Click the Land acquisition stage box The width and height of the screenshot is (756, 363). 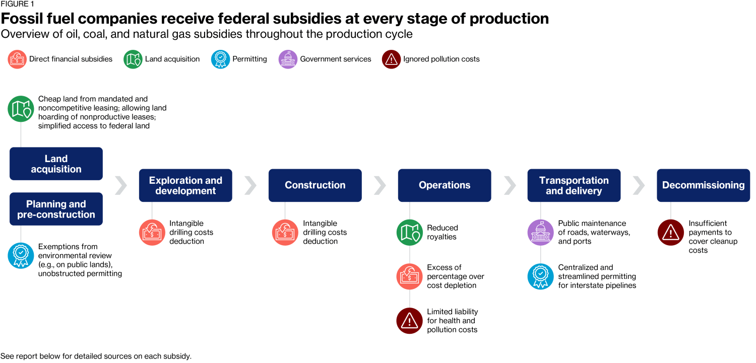click(x=56, y=164)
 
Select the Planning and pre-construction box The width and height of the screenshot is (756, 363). click(x=56, y=209)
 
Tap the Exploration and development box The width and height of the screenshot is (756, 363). click(x=185, y=185)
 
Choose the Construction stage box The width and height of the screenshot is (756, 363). click(x=315, y=185)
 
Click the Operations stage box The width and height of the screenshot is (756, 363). click(x=445, y=185)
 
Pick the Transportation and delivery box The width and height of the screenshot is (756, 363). click(x=574, y=185)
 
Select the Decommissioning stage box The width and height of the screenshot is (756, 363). click(x=704, y=185)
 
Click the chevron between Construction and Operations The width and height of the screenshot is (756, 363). click(x=381, y=185)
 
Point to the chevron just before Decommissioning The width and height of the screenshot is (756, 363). click(x=639, y=185)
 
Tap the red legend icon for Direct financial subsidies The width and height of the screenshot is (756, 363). click(x=17, y=59)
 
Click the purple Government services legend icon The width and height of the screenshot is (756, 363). click(x=288, y=59)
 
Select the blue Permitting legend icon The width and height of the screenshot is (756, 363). click(x=220, y=59)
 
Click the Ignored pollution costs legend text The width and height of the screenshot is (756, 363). click(x=441, y=59)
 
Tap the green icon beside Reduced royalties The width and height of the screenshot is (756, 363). click(x=409, y=232)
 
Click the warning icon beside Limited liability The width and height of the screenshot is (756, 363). click(x=409, y=321)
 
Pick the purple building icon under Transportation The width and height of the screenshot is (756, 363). click(x=541, y=232)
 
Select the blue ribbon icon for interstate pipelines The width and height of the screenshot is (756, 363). click(x=541, y=276)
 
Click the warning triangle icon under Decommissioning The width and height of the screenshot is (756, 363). click(x=671, y=232)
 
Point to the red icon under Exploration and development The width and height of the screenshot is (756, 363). click(x=152, y=232)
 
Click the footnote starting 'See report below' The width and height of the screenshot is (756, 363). click(x=96, y=356)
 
